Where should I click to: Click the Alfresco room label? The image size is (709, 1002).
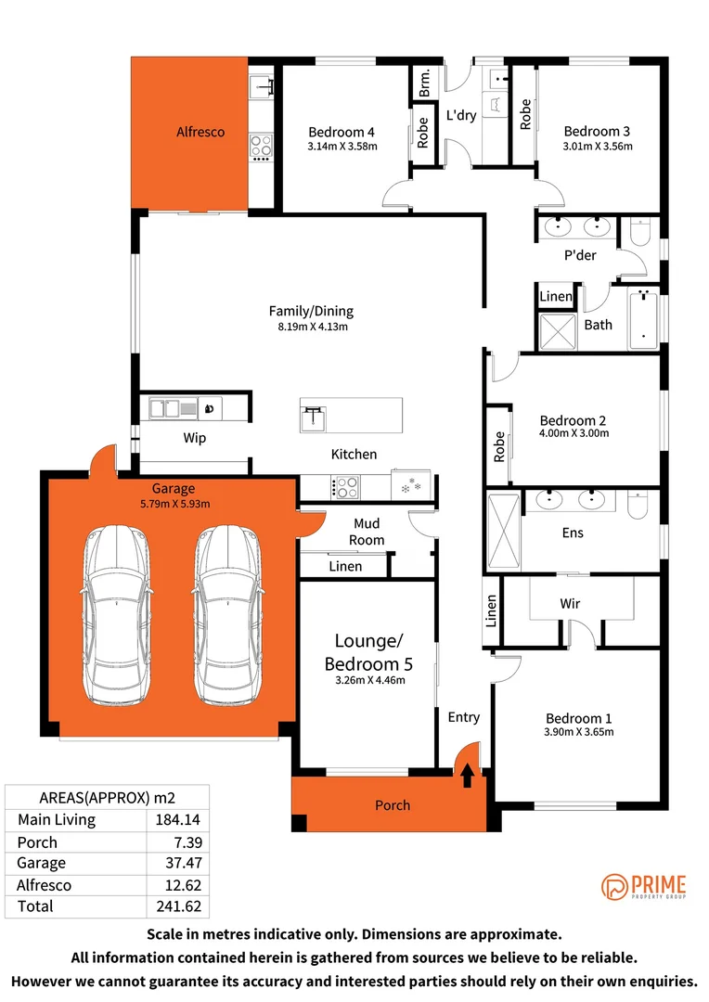[x=200, y=133]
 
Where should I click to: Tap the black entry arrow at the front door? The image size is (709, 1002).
[x=468, y=775]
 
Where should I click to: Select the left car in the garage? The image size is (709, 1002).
[x=116, y=615]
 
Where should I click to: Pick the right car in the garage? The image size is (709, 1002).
[x=227, y=615]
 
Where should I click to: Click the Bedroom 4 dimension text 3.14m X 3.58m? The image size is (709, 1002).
[x=342, y=147]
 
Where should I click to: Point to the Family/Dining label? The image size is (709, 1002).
[x=311, y=311]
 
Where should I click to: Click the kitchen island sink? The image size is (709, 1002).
[x=314, y=418]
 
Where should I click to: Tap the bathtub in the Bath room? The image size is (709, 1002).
[x=643, y=319]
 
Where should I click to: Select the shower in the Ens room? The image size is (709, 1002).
[x=504, y=531]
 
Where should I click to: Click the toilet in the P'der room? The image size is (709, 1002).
[x=640, y=232]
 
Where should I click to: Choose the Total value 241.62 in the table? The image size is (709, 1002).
[x=178, y=906]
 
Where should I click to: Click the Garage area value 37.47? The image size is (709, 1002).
[x=184, y=863]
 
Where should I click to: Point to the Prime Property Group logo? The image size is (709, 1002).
[x=643, y=887]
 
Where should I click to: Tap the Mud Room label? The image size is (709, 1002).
[x=367, y=532]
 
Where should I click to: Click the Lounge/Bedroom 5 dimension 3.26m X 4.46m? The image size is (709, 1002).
[x=370, y=681]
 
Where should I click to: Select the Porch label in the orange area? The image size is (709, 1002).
[x=393, y=805]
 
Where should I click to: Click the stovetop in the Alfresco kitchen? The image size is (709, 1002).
[x=261, y=148]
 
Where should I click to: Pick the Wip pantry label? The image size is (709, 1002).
[x=194, y=438]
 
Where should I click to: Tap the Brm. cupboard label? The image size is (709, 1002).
[x=424, y=83]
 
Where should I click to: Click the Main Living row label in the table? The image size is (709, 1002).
[x=57, y=820]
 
